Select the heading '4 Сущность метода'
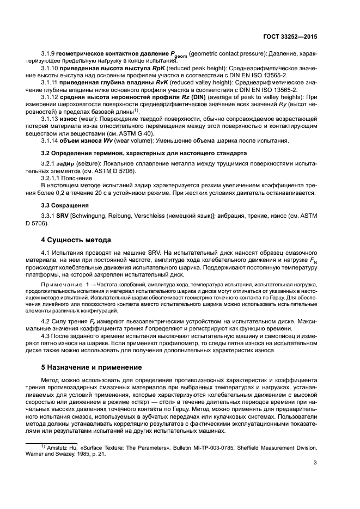tap(76, 240)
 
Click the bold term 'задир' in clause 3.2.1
tap(65, 164)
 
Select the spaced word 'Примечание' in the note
tap(59, 285)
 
